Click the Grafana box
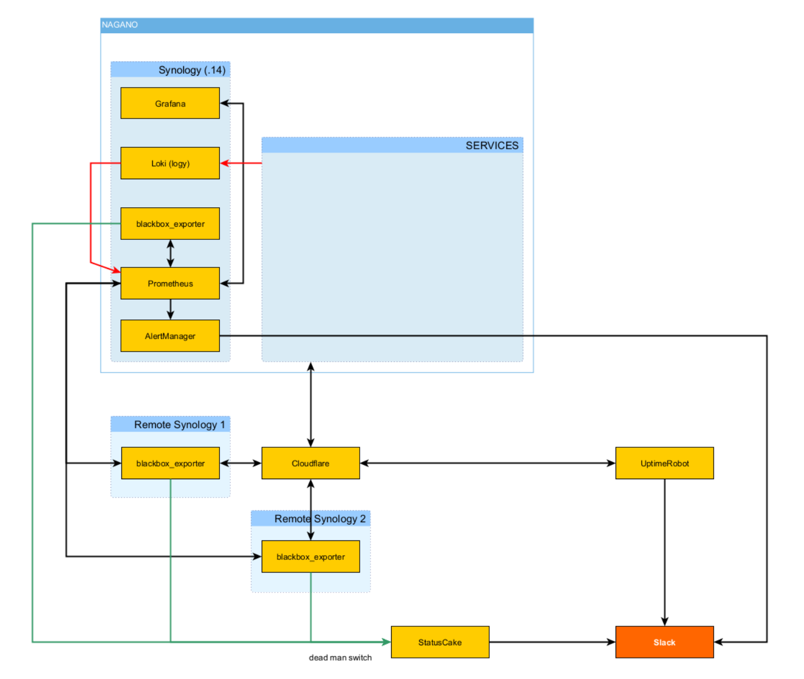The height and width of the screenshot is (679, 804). tap(170, 104)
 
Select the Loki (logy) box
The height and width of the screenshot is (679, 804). tap(170, 163)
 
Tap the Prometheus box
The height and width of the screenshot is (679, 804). tap(170, 283)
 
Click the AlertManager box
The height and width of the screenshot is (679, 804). tap(170, 336)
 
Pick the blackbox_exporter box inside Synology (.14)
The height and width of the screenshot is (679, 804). tap(170, 224)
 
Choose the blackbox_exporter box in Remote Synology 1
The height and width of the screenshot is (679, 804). tap(170, 463)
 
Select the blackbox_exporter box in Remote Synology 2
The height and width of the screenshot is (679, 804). tap(310, 556)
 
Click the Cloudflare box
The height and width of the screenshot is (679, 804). tap(310, 463)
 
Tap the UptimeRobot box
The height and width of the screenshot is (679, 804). tap(664, 463)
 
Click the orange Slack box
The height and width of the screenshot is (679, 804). tap(664, 642)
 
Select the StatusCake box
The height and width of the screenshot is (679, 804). tap(440, 642)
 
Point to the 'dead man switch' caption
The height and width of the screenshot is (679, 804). tap(340, 658)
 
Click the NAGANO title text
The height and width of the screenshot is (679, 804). tap(120, 25)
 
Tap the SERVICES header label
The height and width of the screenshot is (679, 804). tap(492, 145)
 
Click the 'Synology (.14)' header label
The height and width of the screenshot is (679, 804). tap(192, 70)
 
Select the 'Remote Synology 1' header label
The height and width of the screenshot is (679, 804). tap(179, 424)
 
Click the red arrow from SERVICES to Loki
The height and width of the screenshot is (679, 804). tap(242, 163)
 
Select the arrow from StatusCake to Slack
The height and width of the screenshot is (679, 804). tap(552, 642)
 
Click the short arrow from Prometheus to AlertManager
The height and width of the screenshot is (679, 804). tap(170, 309)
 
